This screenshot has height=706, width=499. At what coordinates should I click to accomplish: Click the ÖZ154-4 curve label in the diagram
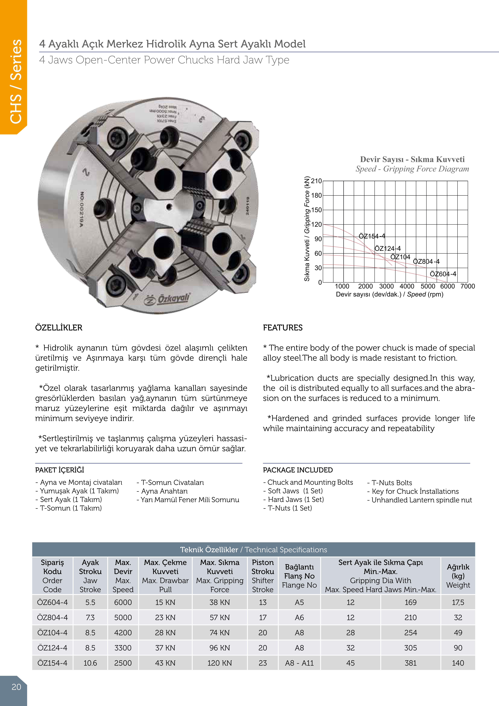[372, 236]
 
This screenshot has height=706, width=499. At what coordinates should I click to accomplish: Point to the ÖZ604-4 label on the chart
[443, 274]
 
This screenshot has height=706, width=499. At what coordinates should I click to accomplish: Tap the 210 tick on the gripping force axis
[316, 181]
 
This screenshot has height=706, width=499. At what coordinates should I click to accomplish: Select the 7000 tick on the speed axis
[467, 286]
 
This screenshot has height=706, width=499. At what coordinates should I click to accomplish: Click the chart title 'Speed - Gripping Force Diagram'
[412, 169]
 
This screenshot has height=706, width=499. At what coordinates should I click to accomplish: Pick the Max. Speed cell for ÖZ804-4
[123, 617]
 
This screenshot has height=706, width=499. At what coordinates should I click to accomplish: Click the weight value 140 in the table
[458, 663]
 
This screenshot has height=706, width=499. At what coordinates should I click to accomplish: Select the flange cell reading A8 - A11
[299, 663]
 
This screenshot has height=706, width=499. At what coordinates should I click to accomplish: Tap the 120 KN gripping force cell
[219, 663]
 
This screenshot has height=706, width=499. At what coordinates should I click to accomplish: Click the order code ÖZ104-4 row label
[52, 633]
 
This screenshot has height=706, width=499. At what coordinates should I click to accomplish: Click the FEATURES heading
[283, 328]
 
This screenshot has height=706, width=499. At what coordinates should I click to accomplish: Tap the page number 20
[16, 687]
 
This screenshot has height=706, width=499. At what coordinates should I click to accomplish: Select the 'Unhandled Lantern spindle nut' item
[419, 500]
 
